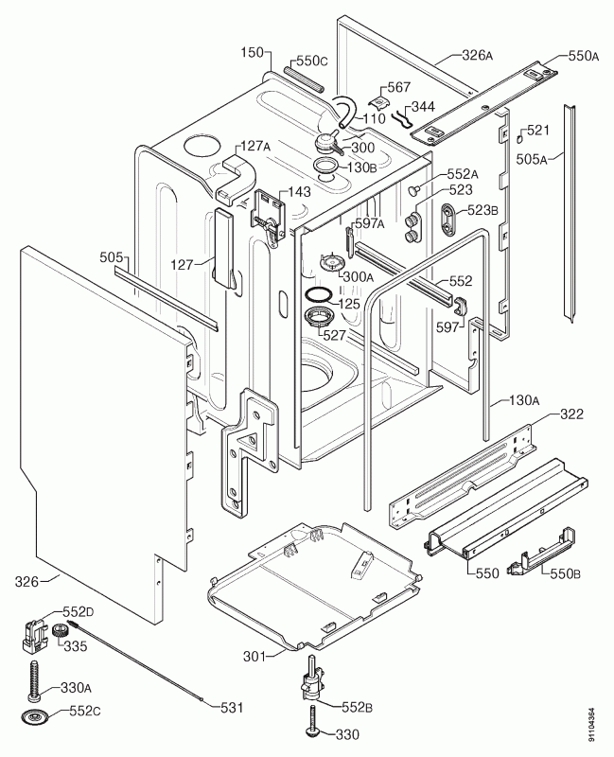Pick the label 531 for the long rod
pyautogui.click(x=231, y=708)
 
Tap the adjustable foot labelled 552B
pyautogui.click(x=310, y=688)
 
